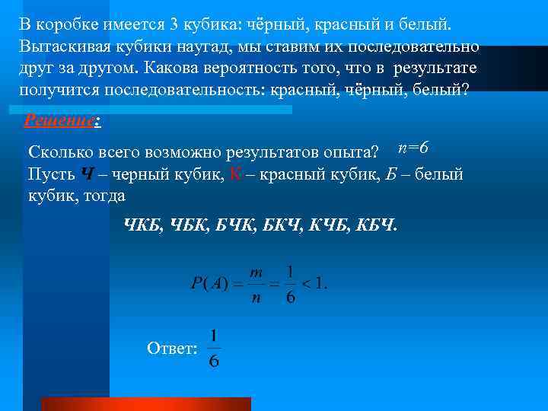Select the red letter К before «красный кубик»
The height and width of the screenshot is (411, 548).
point(234,174)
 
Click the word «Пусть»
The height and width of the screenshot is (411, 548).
point(50,174)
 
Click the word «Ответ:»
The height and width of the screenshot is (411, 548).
point(172,348)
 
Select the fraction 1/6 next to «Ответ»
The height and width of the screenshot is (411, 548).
point(214,349)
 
